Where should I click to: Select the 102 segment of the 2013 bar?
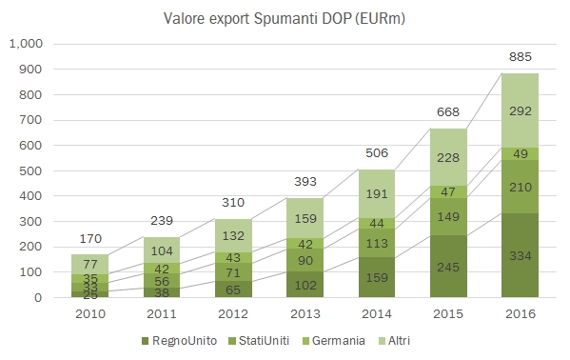click(305, 285)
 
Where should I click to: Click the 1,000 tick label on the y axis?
click(27, 44)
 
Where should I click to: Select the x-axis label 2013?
click(305, 312)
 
